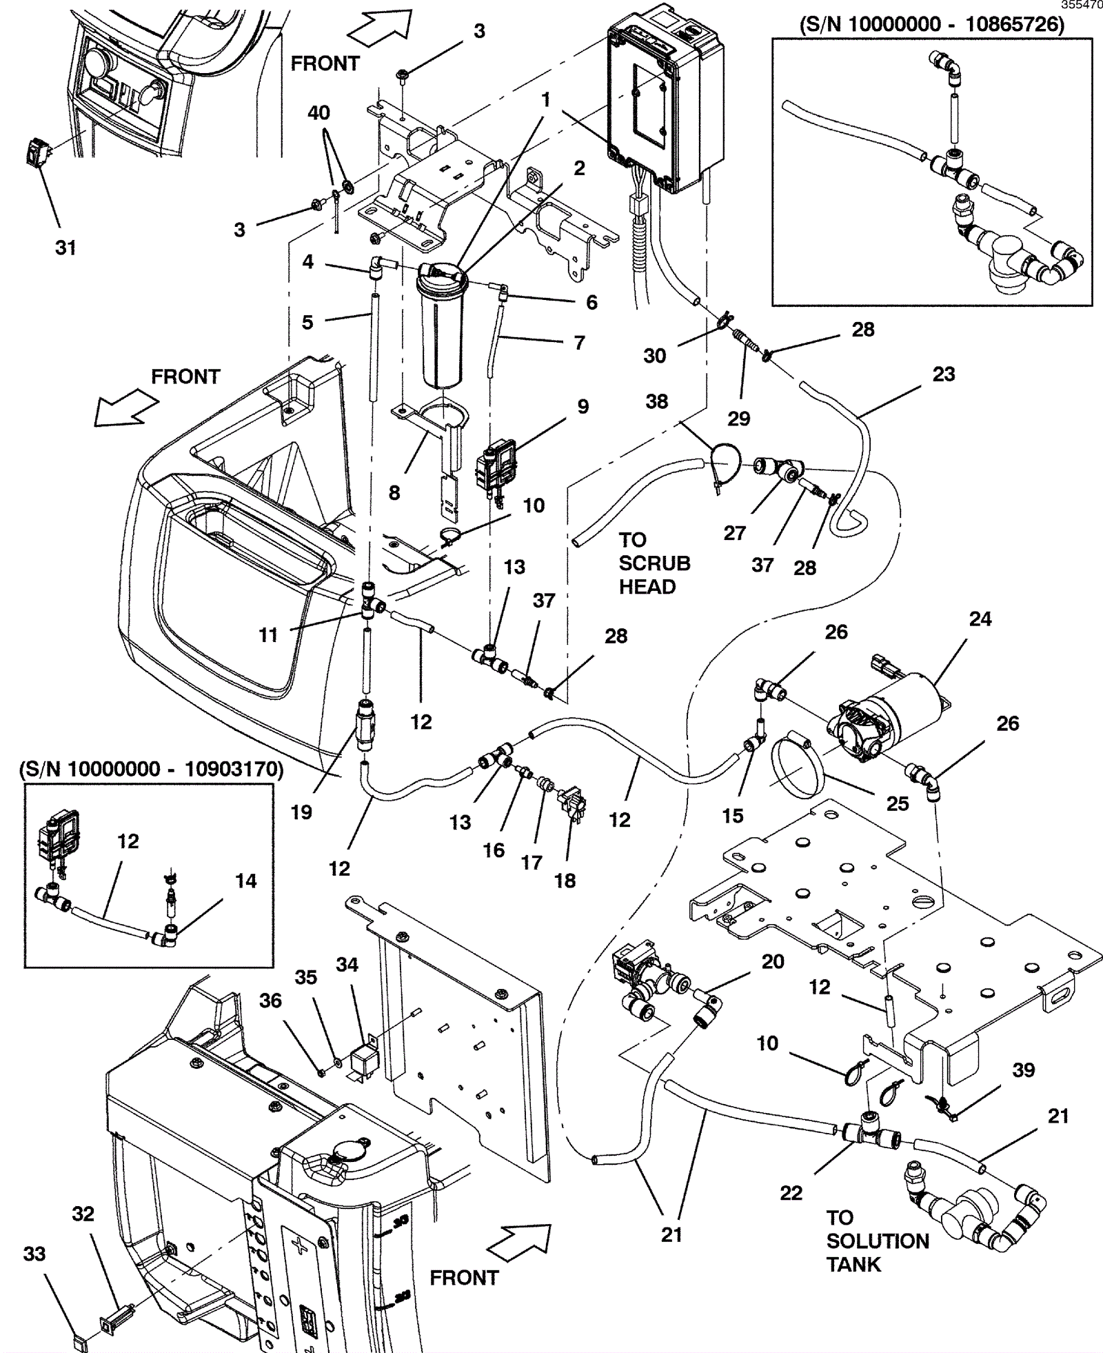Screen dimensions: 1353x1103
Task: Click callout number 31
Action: [65, 248]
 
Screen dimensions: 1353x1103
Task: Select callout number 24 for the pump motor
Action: [980, 619]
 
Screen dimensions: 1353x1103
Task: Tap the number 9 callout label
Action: [583, 406]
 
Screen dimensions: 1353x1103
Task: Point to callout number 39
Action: [1023, 1070]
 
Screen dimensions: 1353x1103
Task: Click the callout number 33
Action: [34, 1253]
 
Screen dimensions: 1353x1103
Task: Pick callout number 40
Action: [318, 112]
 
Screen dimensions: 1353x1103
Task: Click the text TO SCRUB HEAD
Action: [653, 563]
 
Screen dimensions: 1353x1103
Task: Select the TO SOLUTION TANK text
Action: [877, 1241]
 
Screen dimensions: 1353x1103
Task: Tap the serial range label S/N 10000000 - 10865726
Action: [931, 25]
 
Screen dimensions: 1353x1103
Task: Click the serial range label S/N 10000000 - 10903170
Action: [151, 769]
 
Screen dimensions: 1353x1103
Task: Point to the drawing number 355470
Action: [1081, 5]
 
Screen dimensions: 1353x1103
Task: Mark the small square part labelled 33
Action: [80, 1342]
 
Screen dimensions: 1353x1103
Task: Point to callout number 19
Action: [301, 812]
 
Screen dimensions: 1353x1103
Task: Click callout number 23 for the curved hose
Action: [943, 374]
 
